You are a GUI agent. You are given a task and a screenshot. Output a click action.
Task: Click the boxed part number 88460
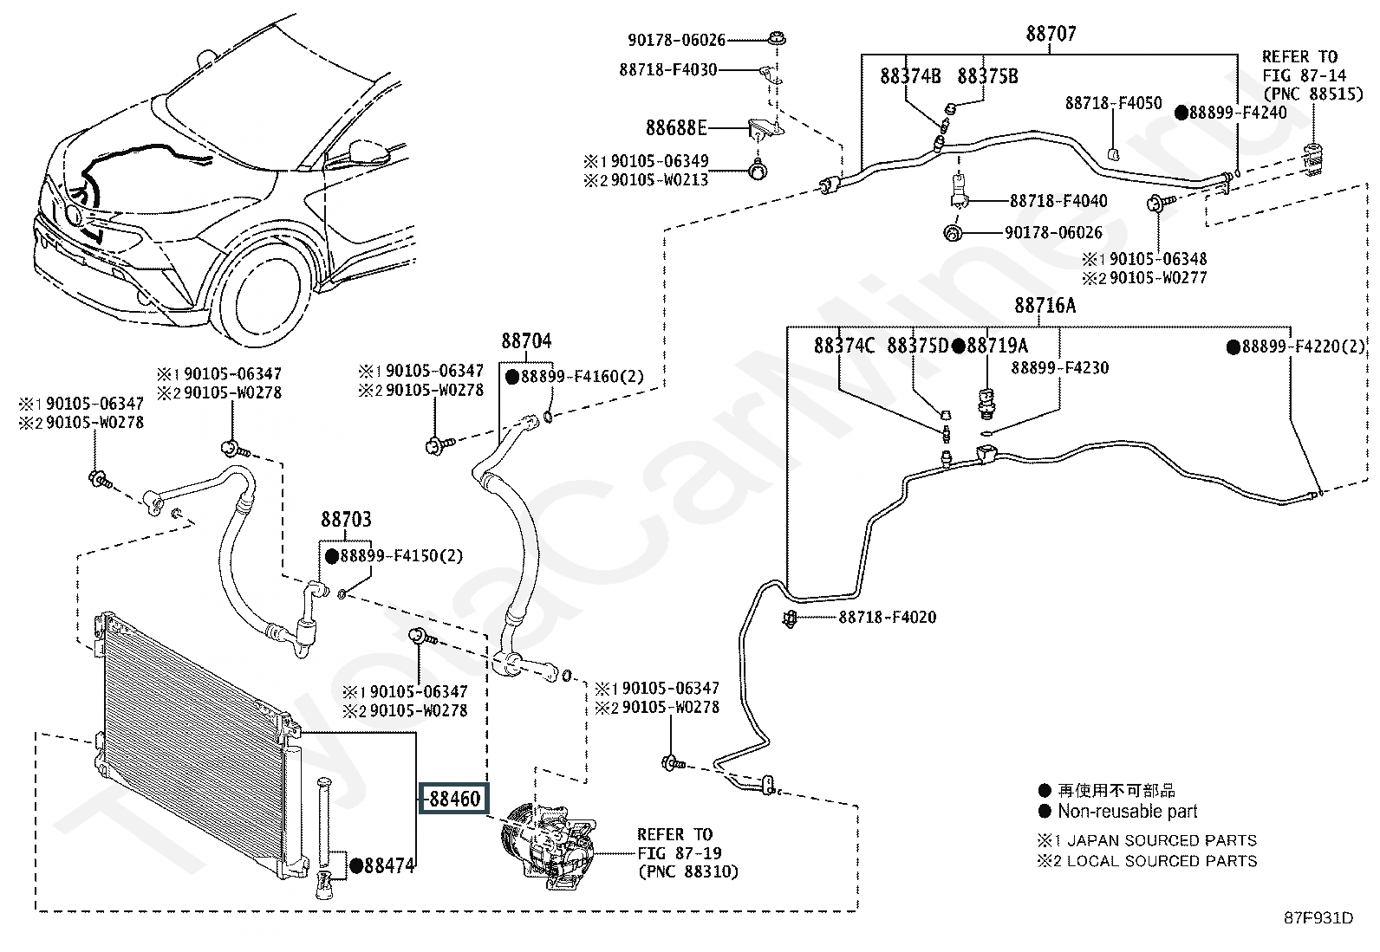[454, 799]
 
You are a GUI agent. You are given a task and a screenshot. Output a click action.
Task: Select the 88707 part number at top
[1051, 35]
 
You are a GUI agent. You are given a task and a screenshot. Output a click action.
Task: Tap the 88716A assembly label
[1045, 306]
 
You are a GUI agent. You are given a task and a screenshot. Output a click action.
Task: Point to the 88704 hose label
[525, 340]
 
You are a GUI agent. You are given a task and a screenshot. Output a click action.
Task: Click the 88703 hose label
[346, 519]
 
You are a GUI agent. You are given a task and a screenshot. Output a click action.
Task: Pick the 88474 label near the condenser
[388, 865]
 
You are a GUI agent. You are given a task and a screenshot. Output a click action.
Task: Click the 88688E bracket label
[676, 128]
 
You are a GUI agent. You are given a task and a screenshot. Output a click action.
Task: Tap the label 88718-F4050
[1113, 104]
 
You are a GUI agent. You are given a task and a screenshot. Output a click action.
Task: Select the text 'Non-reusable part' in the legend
[1127, 812]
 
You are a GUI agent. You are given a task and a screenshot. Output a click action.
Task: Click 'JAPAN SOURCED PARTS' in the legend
[1162, 840]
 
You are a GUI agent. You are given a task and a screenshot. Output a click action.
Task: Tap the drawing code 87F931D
[1318, 918]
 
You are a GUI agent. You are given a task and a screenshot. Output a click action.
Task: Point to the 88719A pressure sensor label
[997, 346]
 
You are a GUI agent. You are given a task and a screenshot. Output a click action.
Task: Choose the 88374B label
[910, 76]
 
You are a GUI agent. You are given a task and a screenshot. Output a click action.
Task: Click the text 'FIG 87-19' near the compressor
[674, 852]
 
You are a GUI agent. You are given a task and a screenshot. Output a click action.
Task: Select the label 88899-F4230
[1060, 367]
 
